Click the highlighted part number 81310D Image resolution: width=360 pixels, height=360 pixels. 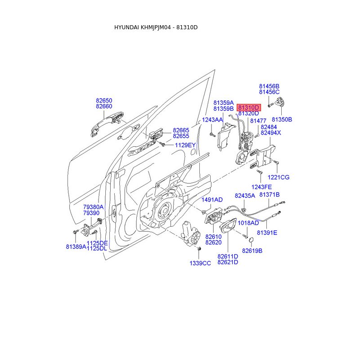click(249, 108)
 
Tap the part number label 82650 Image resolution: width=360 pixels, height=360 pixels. click(104, 100)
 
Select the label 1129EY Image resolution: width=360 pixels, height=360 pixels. click(185, 145)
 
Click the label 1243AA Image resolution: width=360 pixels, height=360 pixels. click(212, 120)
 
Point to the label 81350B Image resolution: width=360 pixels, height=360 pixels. click(282, 120)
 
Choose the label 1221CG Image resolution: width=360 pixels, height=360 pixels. click(279, 177)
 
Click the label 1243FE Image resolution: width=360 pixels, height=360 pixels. click(261, 187)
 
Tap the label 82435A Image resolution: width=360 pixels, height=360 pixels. click(245, 196)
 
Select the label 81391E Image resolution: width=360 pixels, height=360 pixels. click(267, 233)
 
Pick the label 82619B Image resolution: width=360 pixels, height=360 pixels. click(252, 251)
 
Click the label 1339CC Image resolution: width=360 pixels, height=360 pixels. click(200, 263)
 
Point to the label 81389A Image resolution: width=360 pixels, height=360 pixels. click(76, 247)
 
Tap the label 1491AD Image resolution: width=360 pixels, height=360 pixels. click(212, 200)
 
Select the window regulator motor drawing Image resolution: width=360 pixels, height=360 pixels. click(191, 234)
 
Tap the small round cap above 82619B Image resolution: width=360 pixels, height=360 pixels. click(251, 240)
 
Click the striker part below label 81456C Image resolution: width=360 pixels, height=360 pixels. click(280, 102)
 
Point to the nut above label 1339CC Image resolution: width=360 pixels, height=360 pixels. click(199, 249)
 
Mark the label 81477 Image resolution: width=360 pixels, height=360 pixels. click(258, 121)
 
